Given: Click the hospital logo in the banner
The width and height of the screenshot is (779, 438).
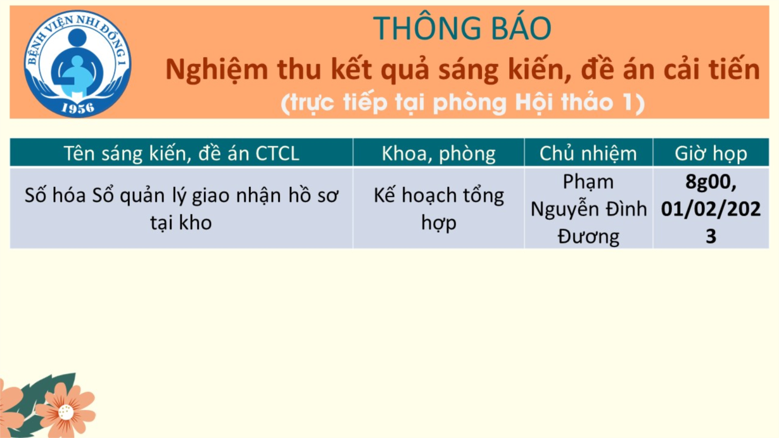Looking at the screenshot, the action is [77, 64].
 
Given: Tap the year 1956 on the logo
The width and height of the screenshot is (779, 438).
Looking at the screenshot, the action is [78, 108].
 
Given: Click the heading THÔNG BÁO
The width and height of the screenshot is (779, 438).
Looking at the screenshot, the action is [462, 28].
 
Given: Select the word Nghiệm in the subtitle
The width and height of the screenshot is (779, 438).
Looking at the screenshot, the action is [217, 70].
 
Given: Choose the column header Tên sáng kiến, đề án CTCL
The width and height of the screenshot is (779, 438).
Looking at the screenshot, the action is [181, 153].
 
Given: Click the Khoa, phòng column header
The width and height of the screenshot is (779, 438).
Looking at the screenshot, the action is [438, 153].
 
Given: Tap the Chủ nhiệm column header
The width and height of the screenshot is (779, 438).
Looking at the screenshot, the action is [588, 153].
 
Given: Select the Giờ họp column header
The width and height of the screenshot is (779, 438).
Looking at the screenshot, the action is [711, 153].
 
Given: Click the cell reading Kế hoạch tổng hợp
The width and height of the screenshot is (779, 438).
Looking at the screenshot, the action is [438, 209].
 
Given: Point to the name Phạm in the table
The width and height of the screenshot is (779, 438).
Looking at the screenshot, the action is [588, 183].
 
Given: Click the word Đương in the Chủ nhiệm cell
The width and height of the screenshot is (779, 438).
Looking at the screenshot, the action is [588, 237].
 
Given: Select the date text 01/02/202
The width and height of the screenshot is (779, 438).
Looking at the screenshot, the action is [711, 209].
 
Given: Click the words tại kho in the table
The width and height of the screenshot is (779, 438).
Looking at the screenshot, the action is [181, 222].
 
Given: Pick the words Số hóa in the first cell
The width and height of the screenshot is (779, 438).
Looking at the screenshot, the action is [55, 195].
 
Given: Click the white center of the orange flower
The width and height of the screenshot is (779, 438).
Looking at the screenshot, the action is [66, 413].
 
